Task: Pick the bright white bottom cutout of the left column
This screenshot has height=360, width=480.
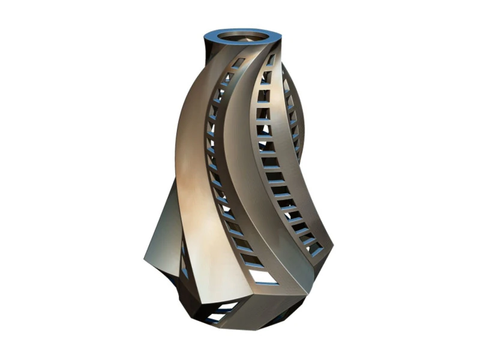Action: point(262,277)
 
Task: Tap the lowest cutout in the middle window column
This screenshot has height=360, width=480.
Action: point(316,248)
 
